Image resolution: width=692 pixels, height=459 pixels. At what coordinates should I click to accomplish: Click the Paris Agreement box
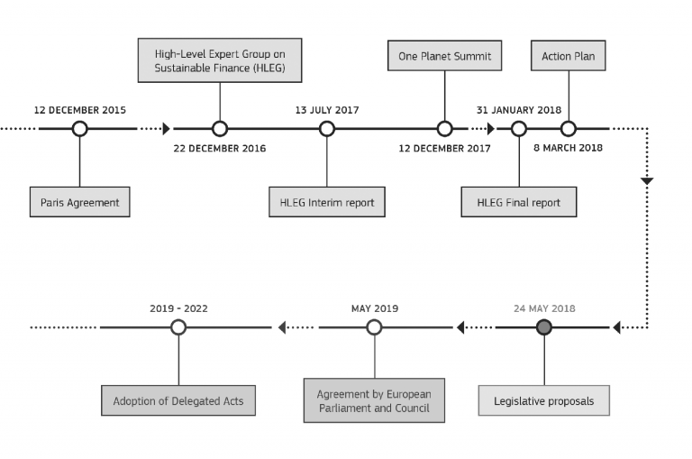coord(80,202)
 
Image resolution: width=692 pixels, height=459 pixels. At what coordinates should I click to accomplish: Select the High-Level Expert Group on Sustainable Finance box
coord(220,60)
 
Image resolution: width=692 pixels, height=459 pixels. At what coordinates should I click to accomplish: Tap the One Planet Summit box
coord(445,56)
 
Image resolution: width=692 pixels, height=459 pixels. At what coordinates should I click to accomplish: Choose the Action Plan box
coord(569,56)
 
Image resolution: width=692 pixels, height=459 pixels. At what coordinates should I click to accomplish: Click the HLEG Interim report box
coord(327,202)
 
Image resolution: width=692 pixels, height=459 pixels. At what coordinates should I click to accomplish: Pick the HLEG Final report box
coord(519,202)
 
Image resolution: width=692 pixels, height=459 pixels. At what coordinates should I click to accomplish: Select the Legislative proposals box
coord(544,400)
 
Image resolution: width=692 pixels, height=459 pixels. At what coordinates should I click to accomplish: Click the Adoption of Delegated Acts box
coord(178,400)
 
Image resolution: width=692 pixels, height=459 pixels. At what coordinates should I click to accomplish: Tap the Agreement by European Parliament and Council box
coord(374,400)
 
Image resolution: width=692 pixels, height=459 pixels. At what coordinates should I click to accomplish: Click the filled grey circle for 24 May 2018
coord(544,327)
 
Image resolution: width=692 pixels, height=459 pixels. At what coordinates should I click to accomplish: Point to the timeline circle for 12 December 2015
coord(80,129)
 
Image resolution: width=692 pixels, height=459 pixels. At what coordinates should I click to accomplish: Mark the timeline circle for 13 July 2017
coord(327,129)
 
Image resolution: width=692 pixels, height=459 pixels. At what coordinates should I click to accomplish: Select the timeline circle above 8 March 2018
coord(569,129)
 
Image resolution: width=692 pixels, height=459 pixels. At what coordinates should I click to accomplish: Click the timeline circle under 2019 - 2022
coord(178,327)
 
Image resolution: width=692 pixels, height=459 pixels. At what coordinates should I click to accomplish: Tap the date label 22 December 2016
coord(220,149)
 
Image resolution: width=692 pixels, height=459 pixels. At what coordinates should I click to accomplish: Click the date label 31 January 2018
coord(519,110)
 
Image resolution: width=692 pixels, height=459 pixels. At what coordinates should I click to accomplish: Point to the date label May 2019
coord(375,308)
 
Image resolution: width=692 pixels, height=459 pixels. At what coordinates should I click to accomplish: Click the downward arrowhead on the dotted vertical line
coord(647,180)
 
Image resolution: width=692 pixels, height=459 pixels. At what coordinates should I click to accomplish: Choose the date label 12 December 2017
coord(445,149)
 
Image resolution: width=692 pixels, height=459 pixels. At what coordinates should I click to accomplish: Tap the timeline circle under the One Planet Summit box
coord(445,129)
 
